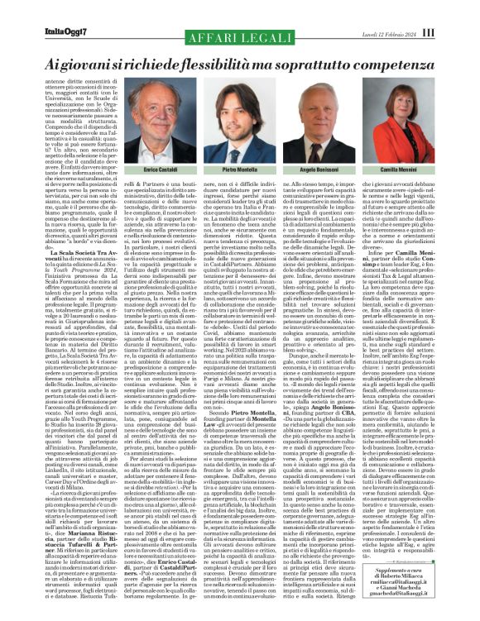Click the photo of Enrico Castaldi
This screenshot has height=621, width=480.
click(x=161, y=124)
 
